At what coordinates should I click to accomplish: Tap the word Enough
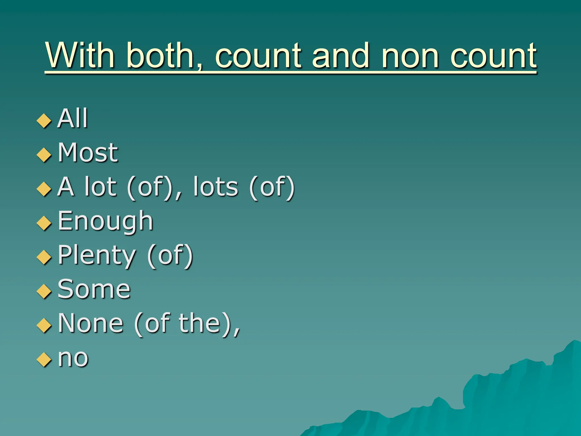point(105,221)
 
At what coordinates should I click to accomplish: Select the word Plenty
point(97,255)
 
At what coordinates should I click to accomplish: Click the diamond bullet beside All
point(44,121)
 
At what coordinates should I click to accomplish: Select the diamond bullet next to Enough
point(44,223)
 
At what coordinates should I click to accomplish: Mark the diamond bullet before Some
point(44,291)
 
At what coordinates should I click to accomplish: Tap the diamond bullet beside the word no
point(44,359)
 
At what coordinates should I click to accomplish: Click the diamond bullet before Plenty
point(44,257)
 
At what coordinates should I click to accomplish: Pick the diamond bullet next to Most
point(44,155)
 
